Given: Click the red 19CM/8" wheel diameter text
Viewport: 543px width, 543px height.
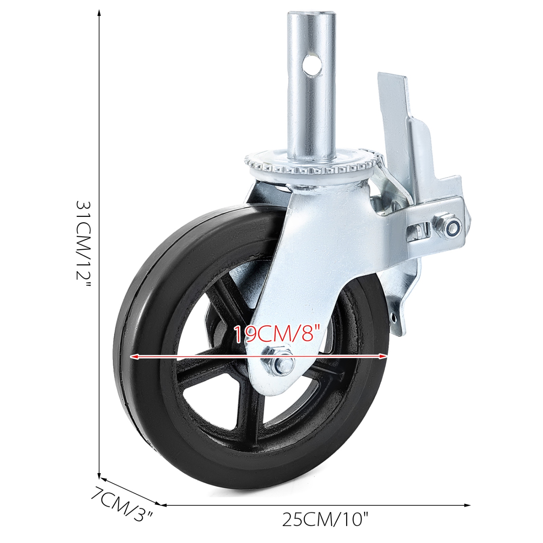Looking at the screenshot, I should click(x=277, y=334).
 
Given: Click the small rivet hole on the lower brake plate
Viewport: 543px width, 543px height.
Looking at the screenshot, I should click(x=393, y=317).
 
